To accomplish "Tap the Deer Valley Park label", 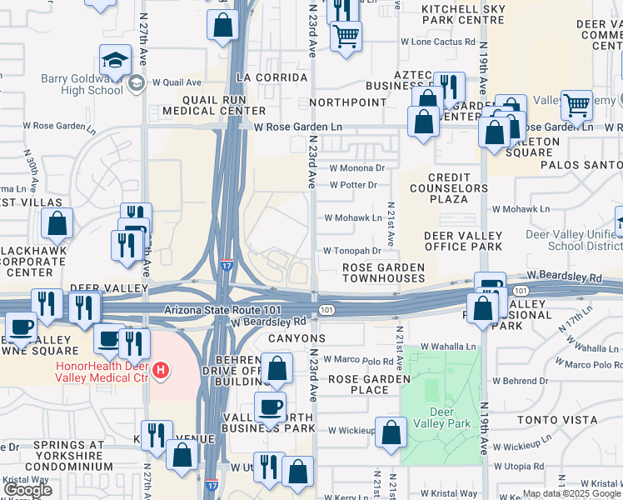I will coord(441,417).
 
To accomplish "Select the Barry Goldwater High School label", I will coord(82,85).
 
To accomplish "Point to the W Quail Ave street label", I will coord(177,82).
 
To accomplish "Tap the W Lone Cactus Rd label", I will coord(437,41).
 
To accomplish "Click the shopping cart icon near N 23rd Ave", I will coord(346,36).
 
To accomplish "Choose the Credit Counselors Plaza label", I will coord(448,188).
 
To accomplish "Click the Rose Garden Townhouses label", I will coord(384,272).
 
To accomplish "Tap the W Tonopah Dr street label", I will coord(352,250).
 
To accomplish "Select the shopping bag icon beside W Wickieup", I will coord(391,432).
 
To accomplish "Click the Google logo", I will coord(27,490).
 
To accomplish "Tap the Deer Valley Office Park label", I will coord(463,242).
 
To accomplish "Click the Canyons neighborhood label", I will coord(296,339).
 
